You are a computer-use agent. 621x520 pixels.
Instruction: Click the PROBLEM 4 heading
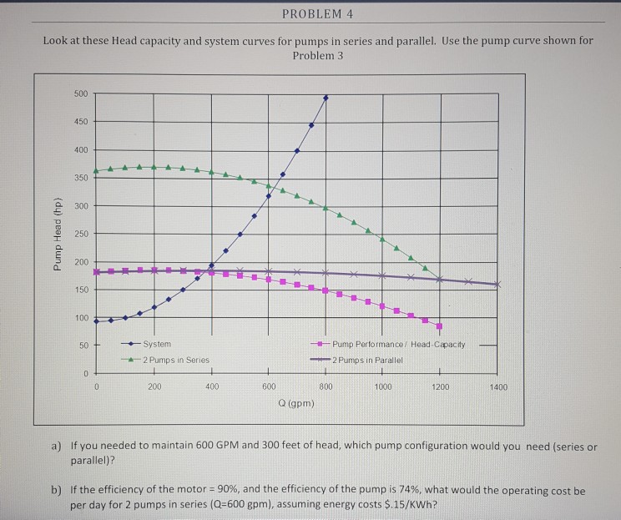(318, 13)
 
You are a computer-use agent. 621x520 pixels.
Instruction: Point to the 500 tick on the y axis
(81, 93)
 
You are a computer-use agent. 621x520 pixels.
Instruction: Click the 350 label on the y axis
(81, 178)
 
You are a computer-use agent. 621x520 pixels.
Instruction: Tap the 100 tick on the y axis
(81, 318)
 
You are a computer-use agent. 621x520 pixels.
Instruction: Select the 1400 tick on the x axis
(498, 387)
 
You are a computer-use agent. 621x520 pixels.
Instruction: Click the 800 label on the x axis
(326, 387)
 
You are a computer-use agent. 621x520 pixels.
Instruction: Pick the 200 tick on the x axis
(154, 387)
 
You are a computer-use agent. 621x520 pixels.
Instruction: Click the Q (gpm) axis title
(295, 403)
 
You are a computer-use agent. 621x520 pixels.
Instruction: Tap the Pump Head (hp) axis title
(58, 235)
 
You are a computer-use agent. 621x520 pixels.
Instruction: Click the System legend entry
(156, 344)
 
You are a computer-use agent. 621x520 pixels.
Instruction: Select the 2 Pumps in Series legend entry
(174, 360)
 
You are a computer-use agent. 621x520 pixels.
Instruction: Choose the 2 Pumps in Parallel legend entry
(366, 360)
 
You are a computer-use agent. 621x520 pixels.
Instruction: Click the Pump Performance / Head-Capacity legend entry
(398, 344)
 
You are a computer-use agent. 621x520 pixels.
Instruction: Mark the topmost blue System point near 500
(326, 98)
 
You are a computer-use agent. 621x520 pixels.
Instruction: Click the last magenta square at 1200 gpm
(439, 326)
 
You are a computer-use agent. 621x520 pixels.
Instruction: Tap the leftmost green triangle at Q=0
(96, 171)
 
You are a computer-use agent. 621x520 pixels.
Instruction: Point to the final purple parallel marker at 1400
(498, 285)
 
